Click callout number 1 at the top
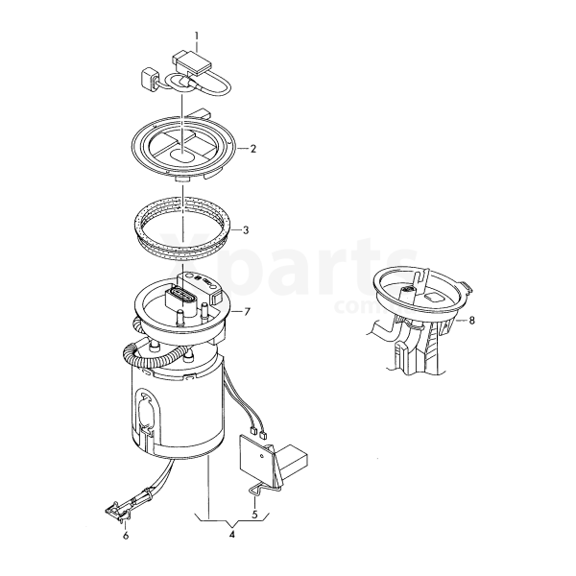coord(197,36)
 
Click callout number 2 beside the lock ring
coord(252,149)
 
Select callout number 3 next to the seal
coord(246,230)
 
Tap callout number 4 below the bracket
coord(231,534)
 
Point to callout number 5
coord(255,514)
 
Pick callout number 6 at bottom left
coord(126,536)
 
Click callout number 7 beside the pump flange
coord(247,312)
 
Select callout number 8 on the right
coord(471,321)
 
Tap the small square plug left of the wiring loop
coord(150,80)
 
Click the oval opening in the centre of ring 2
coord(182,156)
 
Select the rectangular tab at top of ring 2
coord(199,113)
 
